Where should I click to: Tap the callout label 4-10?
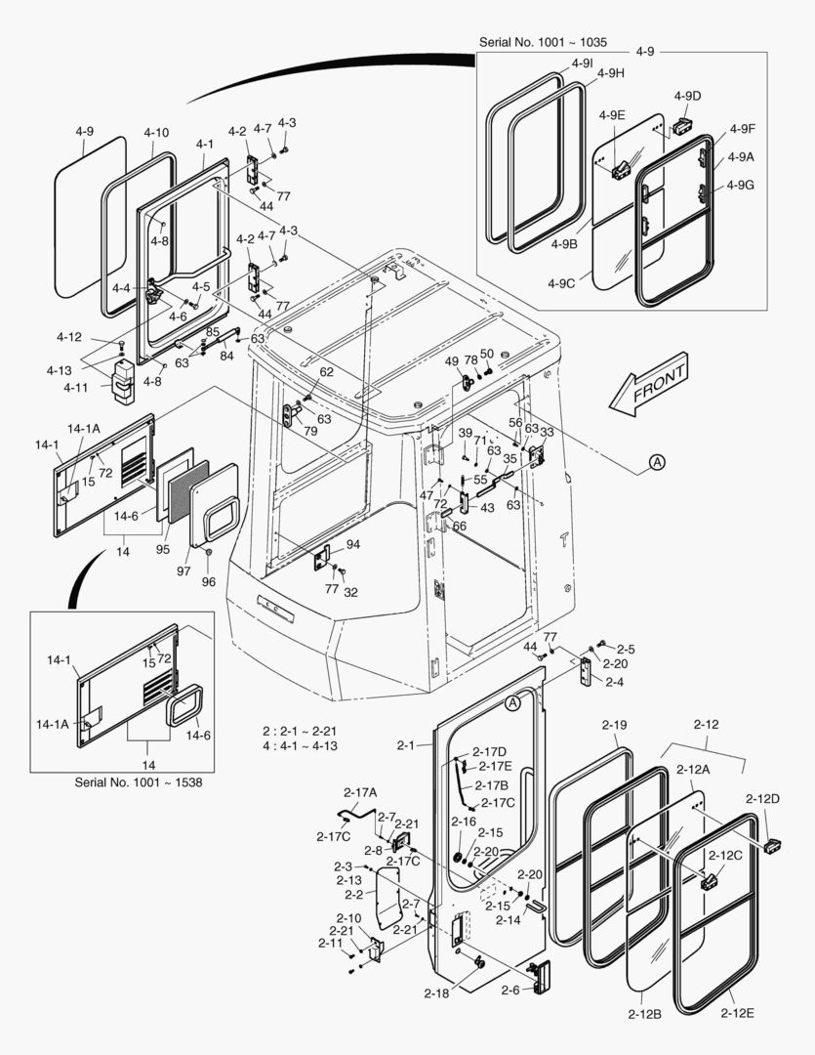[x=156, y=133]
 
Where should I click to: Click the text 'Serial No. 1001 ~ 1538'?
[x=139, y=781]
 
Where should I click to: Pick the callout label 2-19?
[x=614, y=725]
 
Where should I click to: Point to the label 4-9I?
[x=582, y=63]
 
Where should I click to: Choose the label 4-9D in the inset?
[x=687, y=95]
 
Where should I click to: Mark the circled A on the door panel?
[x=514, y=701]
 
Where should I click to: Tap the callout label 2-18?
[x=437, y=993]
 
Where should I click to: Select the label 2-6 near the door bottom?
[x=509, y=991]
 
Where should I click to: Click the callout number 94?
[x=352, y=544]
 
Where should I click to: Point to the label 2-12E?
[x=737, y=1013]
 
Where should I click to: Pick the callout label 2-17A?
[x=360, y=792]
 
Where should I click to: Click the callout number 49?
[x=452, y=361]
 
